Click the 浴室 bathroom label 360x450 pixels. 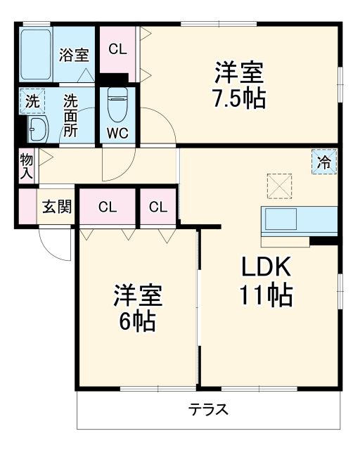pos(73,53)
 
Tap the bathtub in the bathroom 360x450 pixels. pos(36,53)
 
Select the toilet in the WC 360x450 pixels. pos(117,105)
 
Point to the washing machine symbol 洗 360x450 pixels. pos(32,101)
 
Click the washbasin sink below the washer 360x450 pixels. pos(37,128)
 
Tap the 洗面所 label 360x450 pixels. pos(71,115)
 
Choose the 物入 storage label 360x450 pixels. pos(26,167)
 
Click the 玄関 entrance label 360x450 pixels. pos(56,207)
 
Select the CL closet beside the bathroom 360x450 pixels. pos(117,49)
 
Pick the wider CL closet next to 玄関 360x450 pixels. pos(107,207)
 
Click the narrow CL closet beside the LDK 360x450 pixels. pos(158,207)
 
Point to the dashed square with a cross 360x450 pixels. pos(278,186)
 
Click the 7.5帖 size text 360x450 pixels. pos(239,99)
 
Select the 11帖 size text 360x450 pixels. pos(268,296)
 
